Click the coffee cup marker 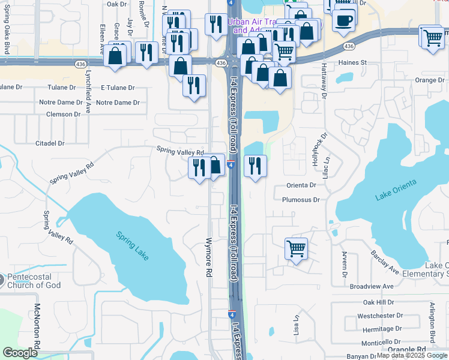(344, 20)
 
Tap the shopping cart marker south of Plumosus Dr (296, 248)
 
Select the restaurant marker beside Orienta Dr (255, 166)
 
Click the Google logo (20, 353)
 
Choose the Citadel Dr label (50, 143)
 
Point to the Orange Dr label (429, 80)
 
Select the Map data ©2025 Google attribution (412, 355)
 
